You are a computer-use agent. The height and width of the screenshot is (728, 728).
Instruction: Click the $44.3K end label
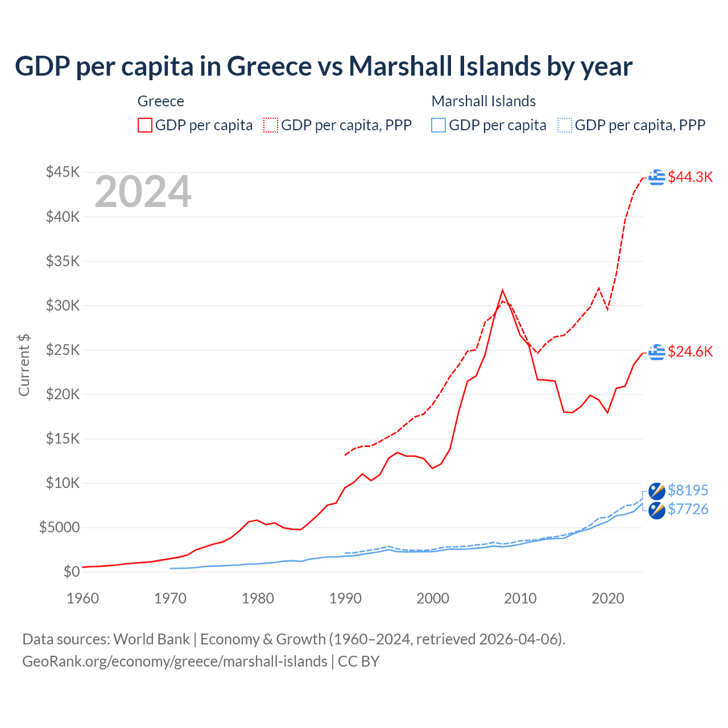(690, 177)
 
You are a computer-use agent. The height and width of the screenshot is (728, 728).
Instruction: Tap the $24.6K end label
(690, 351)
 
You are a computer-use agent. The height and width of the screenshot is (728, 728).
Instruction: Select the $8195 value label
(688, 490)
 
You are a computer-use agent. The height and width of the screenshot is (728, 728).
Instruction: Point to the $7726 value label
(688, 509)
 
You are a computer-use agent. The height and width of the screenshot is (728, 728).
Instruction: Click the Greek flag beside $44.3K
(657, 177)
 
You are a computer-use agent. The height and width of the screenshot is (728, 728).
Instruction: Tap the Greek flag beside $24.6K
(657, 352)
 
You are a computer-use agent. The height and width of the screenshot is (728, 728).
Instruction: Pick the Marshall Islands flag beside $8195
(657, 491)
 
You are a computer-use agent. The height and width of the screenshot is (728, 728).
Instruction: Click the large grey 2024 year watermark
(143, 192)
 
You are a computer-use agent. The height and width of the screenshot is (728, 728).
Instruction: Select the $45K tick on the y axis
(63, 172)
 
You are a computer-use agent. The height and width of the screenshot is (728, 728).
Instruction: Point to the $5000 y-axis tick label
(59, 527)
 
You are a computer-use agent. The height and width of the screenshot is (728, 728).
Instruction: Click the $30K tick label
(63, 305)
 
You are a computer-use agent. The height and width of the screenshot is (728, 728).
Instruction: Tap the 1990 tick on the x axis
(345, 598)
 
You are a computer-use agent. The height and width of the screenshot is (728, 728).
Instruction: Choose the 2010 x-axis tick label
(520, 598)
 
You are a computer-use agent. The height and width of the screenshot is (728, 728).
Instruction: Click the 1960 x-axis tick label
(83, 598)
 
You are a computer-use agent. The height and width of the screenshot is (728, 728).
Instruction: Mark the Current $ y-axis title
(24, 365)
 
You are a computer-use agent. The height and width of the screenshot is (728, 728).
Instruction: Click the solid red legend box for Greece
(145, 125)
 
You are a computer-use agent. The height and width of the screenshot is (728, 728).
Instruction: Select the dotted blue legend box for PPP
(565, 125)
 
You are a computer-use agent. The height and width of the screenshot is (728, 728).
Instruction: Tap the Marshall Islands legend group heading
(483, 101)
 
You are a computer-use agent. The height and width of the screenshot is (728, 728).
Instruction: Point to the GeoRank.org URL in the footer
(175, 661)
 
